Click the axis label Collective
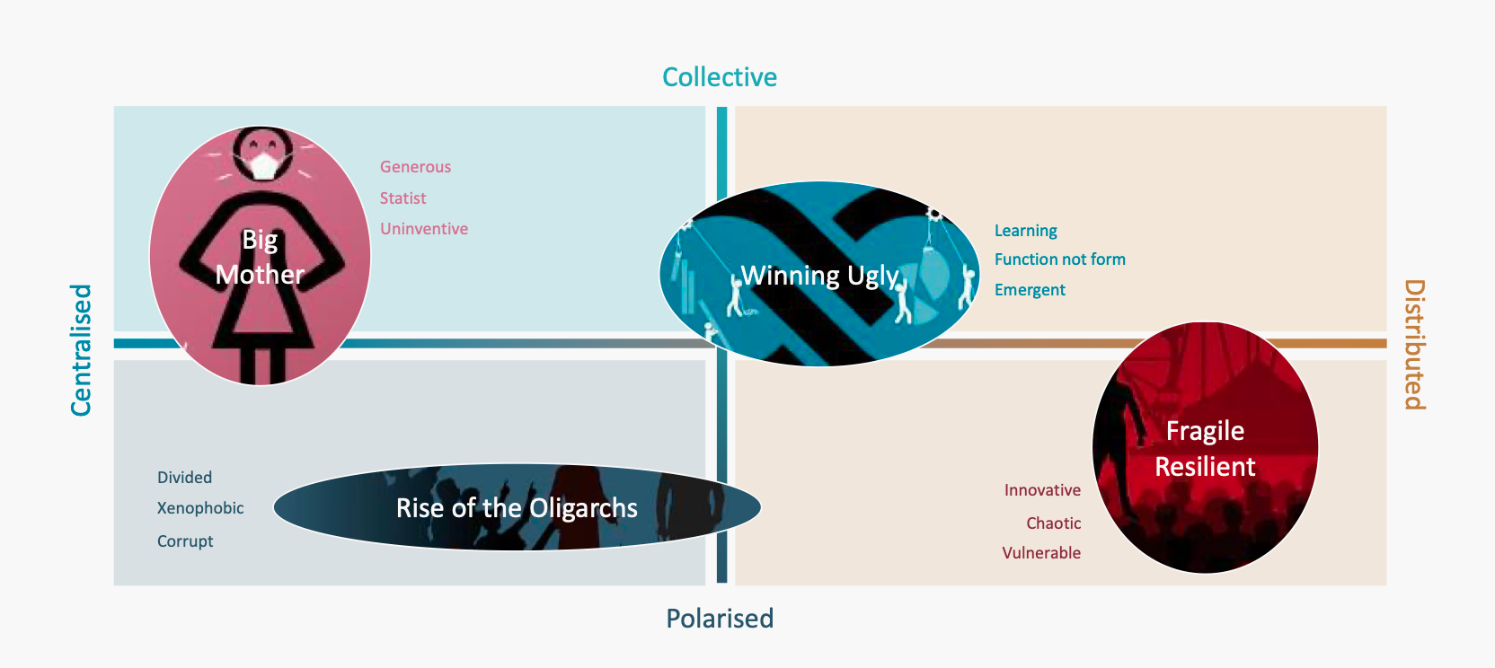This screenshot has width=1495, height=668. [x=720, y=77]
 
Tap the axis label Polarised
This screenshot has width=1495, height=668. [x=720, y=619]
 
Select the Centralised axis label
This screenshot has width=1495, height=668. [x=82, y=350]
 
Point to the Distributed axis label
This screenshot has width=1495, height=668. [x=1414, y=345]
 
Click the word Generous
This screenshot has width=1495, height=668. [x=415, y=167]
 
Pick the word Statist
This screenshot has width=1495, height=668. [x=402, y=198]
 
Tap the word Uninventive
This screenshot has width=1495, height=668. [x=424, y=229]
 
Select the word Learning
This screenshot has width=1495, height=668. [x=1025, y=231]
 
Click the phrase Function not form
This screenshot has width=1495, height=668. [x=1059, y=259]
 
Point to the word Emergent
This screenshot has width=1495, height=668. [x=1030, y=290]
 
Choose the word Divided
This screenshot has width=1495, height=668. [x=184, y=478]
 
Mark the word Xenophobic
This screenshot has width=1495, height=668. [x=200, y=508]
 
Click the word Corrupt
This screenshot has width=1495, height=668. [x=185, y=541]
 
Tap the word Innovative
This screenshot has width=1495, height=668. [x=1042, y=490]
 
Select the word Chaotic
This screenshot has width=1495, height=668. [x=1053, y=523]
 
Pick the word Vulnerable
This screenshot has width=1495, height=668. [x=1041, y=553]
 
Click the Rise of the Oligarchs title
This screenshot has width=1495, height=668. [x=517, y=508]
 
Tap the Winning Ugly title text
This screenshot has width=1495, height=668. [x=819, y=276]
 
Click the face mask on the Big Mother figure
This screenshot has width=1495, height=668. [x=263, y=165]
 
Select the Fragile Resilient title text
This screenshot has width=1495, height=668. [x=1205, y=449]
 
